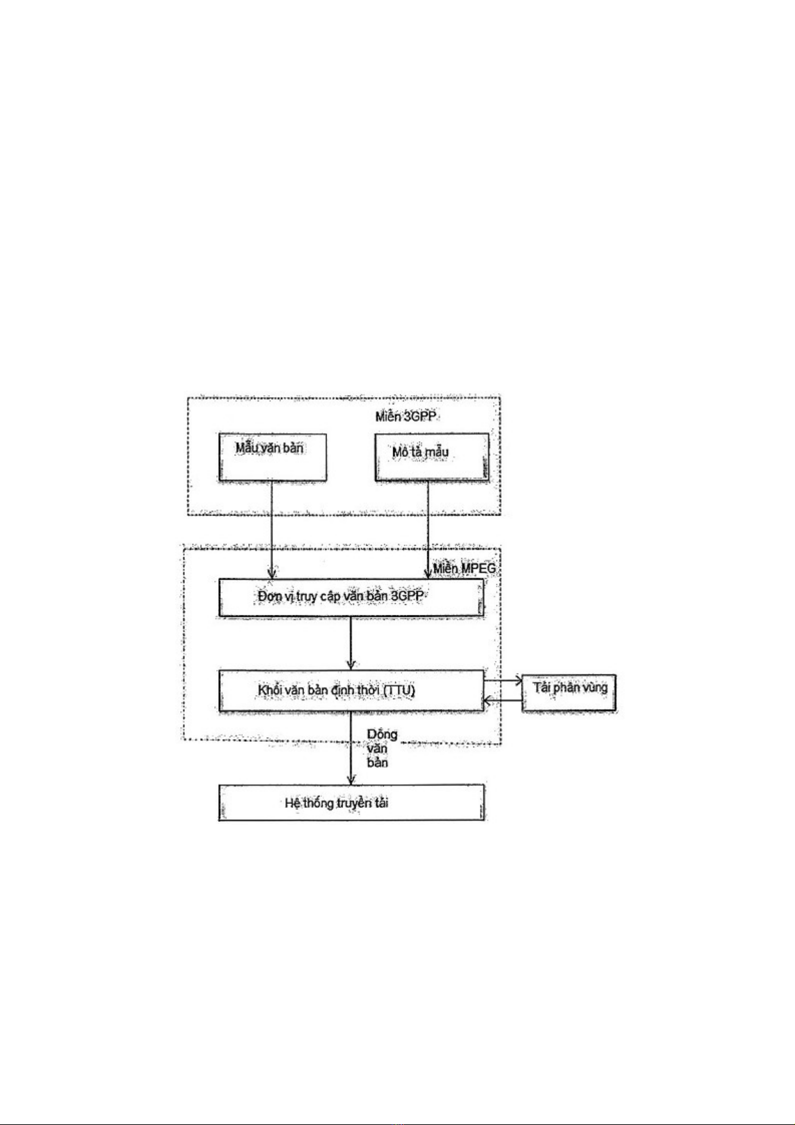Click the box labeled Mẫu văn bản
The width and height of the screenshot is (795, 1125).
tap(272, 457)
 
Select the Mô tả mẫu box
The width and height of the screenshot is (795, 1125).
tap(431, 457)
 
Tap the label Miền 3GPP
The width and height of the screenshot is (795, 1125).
tap(401, 417)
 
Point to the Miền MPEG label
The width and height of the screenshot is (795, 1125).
tap(465, 569)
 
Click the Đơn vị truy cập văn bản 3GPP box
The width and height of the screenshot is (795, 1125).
tap(350, 597)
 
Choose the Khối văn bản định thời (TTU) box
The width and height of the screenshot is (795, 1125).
tap(350, 690)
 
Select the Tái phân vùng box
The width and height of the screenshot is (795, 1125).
tap(569, 693)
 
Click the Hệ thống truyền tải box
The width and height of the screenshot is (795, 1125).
tap(350, 803)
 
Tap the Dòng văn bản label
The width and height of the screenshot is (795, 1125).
tap(381, 748)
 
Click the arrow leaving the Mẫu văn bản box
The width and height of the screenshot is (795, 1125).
tap(272, 527)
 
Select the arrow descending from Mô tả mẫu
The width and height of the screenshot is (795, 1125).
tap(428, 527)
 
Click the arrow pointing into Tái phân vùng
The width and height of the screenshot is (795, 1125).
tap(502, 682)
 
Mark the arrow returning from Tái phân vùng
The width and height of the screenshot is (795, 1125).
tap(502, 700)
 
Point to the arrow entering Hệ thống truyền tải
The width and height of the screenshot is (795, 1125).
tap(351, 748)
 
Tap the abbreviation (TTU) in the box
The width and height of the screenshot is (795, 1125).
tap(399, 690)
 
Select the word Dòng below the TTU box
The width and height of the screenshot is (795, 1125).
tap(382, 734)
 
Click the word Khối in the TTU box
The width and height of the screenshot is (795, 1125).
tap(271, 690)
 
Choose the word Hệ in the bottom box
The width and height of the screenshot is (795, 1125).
tap(292, 803)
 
